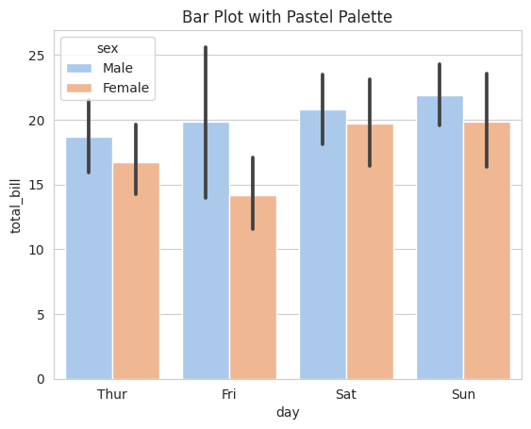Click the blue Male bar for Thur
(x=89, y=258)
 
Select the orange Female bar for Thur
(x=136, y=271)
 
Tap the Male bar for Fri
(x=206, y=251)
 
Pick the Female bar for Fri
(x=253, y=288)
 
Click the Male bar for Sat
(x=324, y=244)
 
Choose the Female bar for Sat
(x=370, y=252)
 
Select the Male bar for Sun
(x=440, y=238)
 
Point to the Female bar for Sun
(x=487, y=251)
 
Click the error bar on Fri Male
(x=206, y=123)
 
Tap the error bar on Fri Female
(x=253, y=193)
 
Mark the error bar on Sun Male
(x=440, y=95)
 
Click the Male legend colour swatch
(x=79, y=68)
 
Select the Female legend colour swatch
(x=79, y=88)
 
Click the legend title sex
(x=108, y=48)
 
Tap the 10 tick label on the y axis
(x=37, y=250)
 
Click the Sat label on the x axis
(x=346, y=394)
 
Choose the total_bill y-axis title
(x=15, y=206)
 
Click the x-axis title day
(x=288, y=413)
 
